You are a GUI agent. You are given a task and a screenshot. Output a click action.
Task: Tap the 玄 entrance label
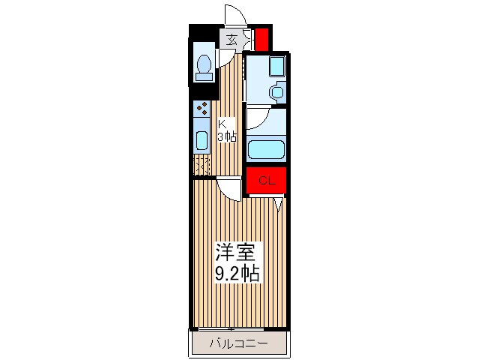point(232,40)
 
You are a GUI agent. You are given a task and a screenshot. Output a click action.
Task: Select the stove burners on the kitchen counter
point(202,109)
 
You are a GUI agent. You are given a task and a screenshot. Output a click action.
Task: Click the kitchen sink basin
point(202,140)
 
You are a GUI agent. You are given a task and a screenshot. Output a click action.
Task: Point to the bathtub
point(264,149)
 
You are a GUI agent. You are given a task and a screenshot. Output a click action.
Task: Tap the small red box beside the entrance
point(261,38)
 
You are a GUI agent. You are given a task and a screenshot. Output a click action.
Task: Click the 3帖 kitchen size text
point(227,136)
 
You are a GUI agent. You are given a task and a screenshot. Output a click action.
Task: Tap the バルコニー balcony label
point(238,344)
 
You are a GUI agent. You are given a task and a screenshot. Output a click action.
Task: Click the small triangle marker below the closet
point(279,203)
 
